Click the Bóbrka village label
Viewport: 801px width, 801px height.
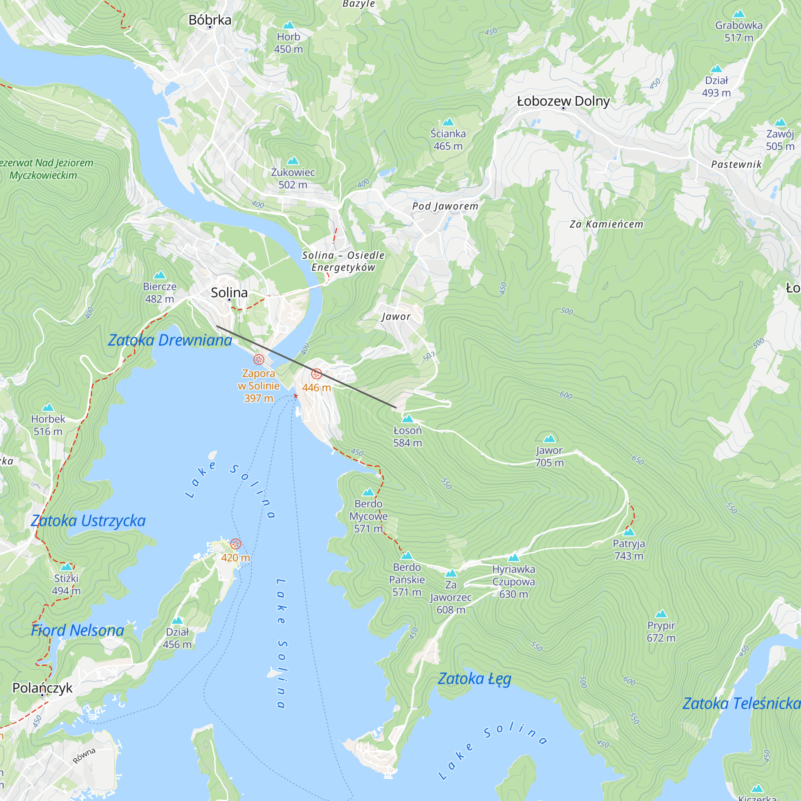210,20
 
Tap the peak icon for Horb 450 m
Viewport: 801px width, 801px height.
288,25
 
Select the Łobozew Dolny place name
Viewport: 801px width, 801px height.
563,101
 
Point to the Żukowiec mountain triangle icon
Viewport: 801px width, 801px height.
293,161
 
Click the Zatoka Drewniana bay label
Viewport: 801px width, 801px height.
170,340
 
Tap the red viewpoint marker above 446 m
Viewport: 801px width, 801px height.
317,374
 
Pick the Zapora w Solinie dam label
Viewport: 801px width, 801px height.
258,386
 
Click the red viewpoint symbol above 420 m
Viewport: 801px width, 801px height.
235,543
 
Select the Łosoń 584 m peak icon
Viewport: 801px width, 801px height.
408,419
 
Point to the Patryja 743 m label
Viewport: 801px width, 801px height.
628,550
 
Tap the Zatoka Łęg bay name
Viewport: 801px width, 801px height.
474,679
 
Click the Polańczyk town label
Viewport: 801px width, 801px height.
42,688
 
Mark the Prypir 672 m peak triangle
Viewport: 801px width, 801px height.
661,614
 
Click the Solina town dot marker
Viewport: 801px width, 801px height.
229,300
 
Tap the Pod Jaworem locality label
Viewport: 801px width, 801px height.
445,206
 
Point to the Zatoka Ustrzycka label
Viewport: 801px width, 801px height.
88,521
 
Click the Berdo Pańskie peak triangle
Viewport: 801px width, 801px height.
407,555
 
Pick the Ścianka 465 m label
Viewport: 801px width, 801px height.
448,140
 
